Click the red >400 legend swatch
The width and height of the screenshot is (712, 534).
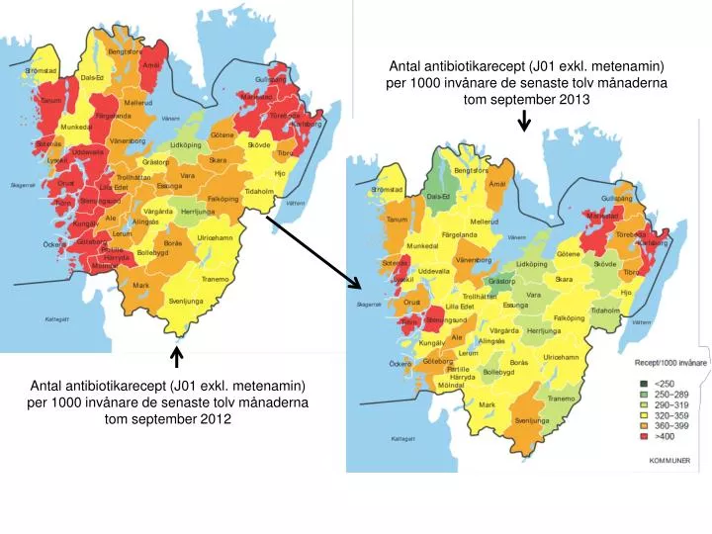[643, 436]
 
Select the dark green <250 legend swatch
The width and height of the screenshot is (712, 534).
[643, 383]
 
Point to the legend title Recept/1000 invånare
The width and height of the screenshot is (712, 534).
[671, 364]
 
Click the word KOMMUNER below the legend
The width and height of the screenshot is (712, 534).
[668, 461]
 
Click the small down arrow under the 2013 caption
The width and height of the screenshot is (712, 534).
[524, 122]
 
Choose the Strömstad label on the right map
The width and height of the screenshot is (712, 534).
[387, 189]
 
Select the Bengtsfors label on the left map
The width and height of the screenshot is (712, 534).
[125, 51]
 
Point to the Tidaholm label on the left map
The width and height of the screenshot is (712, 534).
[259, 191]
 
